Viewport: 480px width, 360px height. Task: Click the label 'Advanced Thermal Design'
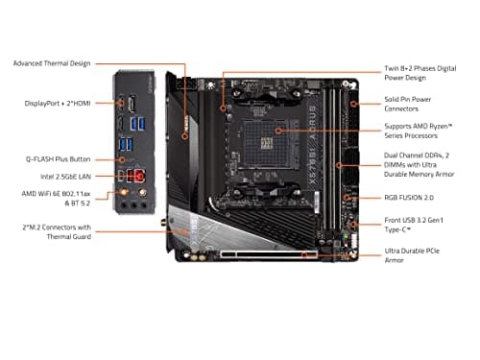[x=52, y=63]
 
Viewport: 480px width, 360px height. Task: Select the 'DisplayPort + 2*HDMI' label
[x=59, y=103]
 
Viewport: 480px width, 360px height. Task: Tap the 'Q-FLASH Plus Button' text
[x=58, y=157]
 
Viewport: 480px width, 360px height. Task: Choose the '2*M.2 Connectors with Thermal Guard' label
[x=59, y=230]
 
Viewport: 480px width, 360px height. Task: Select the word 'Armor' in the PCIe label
[x=395, y=261]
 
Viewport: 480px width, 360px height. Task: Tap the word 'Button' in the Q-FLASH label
[x=78, y=157]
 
